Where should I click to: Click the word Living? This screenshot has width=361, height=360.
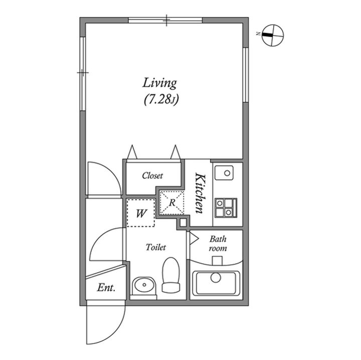[x=159, y=83]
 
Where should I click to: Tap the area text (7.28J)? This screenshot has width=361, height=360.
[x=161, y=100]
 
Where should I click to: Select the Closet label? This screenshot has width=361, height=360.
[x=152, y=176]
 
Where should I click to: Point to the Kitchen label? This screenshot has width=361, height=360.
[x=200, y=193]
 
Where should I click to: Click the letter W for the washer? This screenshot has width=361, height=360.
[x=141, y=214]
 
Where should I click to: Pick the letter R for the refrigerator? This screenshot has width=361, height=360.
[x=172, y=203]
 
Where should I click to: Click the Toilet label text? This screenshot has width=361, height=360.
[x=156, y=247]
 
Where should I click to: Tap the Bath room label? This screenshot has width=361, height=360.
[x=218, y=243]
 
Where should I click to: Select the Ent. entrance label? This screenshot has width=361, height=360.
[x=106, y=287]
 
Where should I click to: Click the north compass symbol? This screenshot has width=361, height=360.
[x=273, y=35]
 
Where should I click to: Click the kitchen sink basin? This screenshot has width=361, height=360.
[x=224, y=173]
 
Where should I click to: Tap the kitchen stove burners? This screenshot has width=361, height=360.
[x=226, y=208]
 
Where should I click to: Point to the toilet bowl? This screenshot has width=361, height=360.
[x=171, y=275]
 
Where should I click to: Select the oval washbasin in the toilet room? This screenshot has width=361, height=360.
[x=144, y=285]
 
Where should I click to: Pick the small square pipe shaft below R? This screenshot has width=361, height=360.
[x=183, y=222]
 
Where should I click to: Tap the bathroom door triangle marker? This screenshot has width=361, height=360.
[x=194, y=239]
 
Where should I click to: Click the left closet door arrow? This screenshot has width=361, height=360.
[x=132, y=152]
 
